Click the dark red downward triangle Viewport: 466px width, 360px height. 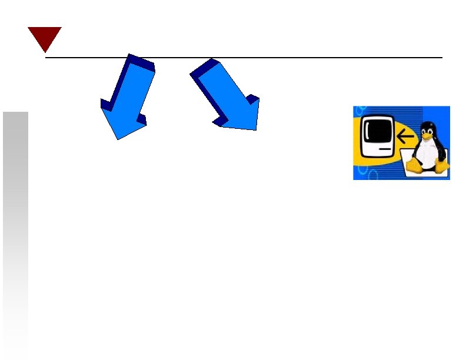[44, 36]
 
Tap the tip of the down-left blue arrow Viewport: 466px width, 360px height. [118, 138]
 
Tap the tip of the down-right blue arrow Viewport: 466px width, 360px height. [255, 128]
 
